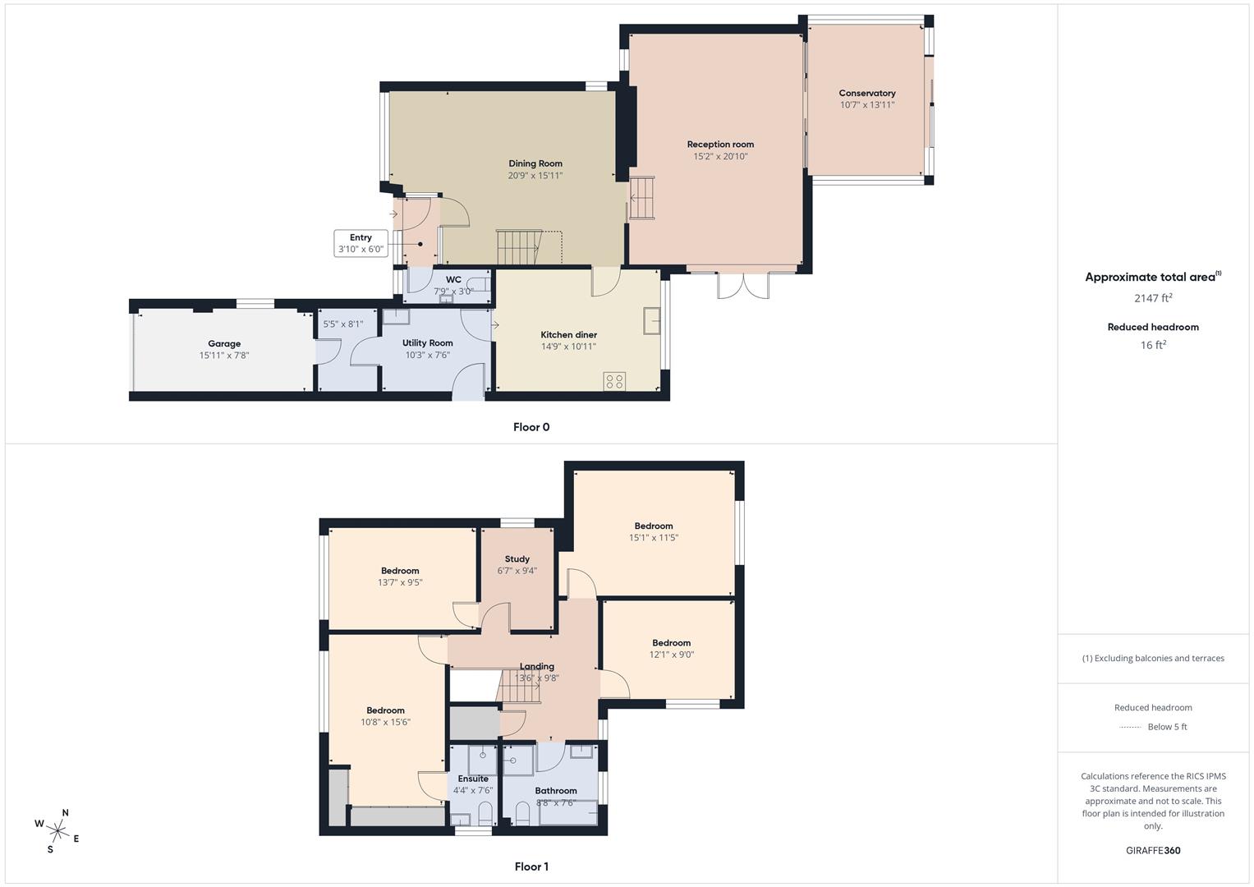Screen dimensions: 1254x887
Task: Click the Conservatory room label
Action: pyautogui.click(x=866, y=94)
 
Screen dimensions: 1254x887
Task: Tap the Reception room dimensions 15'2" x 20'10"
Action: pyautogui.click(x=719, y=156)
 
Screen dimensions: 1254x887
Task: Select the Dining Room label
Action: pyautogui.click(x=535, y=163)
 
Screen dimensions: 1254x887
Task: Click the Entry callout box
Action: pyautogui.click(x=361, y=243)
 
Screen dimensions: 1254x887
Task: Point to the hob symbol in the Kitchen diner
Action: pyautogui.click(x=614, y=381)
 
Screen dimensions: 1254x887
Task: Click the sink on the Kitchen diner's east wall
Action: pyautogui.click(x=652, y=321)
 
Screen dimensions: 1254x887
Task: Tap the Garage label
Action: pyautogui.click(x=223, y=344)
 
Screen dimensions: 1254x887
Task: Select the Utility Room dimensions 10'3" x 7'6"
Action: pyautogui.click(x=427, y=355)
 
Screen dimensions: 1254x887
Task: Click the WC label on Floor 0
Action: pyautogui.click(x=453, y=280)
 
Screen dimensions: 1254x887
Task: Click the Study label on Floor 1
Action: pyautogui.click(x=517, y=559)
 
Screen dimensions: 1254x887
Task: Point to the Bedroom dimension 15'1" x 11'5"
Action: pyautogui.click(x=653, y=538)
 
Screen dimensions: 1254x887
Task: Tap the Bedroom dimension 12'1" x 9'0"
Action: pyautogui.click(x=671, y=655)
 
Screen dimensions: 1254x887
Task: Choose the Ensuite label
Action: pyautogui.click(x=473, y=779)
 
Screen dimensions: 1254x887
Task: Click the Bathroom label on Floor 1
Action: pyautogui.click(x=555, y=791)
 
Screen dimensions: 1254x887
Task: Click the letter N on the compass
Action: pyautogui.click(x=66, y=813)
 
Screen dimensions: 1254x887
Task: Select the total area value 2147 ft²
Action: pyautogui.click(x=1153, y=298)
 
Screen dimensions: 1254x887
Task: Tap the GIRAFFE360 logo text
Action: pyautogui.click(x=1153, y=851)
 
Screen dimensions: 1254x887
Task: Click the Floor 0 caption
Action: pyautogui.click(x=531, y=427)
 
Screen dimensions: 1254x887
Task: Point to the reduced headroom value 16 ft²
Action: pyautogui.click(x=1153, y=345)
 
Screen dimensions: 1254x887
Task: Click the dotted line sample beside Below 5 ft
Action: pyautogui.click(x=1131, y=727)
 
